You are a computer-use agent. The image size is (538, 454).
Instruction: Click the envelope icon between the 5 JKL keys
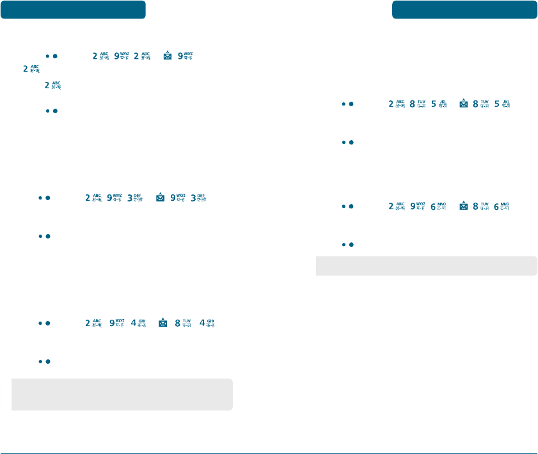click(x=464, y=104)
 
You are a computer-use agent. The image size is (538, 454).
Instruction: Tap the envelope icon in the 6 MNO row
click(x=464, y=207)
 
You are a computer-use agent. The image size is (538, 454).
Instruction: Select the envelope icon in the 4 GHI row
click(x=163, y=324)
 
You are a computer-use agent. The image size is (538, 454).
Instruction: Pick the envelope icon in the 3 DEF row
click(x=161, y=198)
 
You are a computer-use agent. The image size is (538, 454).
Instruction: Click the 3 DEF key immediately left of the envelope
click(x=134, y=198)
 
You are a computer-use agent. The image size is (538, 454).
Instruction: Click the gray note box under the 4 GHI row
click(x=122, y=394)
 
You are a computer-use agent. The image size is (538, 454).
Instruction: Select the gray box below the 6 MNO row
click(x=427, y=265)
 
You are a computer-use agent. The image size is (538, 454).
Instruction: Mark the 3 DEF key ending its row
click(x=201, y=198)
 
